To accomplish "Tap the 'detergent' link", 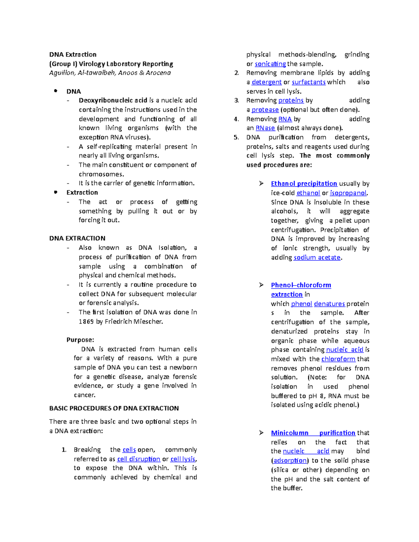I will point(266,82).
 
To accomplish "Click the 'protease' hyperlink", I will point(265,110).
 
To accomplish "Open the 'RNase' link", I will point(265,128).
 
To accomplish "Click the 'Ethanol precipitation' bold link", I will point(304,184).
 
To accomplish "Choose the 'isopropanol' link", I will point(348,193).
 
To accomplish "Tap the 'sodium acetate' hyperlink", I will point(317,258).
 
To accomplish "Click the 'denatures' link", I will point(329,304).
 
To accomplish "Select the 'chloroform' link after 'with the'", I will point(338,359).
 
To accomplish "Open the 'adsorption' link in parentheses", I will point(290,460).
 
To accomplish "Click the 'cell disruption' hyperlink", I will point(139,459).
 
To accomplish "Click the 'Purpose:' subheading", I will point(80,340).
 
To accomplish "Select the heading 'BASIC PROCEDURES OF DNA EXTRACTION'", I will point(114,408).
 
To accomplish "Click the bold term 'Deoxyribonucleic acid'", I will point(113,101).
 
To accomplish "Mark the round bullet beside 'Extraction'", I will point(56,192).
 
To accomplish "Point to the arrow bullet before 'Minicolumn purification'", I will point(261,433).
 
